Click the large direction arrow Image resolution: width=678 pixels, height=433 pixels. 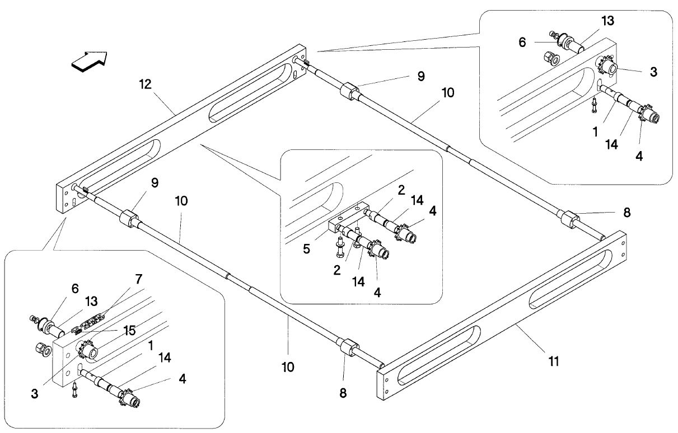coord(90,62)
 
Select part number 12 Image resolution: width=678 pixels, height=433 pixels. coord(146,84)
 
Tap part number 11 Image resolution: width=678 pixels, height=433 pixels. coord(554,361)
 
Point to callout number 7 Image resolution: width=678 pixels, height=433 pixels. coord(139,279)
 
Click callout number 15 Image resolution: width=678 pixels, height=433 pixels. coord(129,331)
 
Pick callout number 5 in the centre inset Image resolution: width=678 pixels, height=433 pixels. coord(306,249)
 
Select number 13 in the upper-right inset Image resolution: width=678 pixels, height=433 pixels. coord(607,21)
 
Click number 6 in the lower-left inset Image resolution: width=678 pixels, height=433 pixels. coord(75,289)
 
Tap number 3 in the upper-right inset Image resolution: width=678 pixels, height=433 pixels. coord(653,72)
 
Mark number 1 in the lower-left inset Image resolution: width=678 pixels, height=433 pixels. coord(151,346)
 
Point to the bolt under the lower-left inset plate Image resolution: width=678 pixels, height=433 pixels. coord(74,390)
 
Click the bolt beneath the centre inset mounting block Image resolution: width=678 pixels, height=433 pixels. coord(339,247)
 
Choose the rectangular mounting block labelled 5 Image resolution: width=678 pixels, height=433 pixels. coord(348,218)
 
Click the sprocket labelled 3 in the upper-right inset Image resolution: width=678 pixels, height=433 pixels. coord(607,67)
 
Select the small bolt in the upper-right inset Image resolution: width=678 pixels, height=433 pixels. coord(594,105)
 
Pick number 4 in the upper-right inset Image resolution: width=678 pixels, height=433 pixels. coord(639,156)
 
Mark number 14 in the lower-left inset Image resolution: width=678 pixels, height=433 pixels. coord(165,357)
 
